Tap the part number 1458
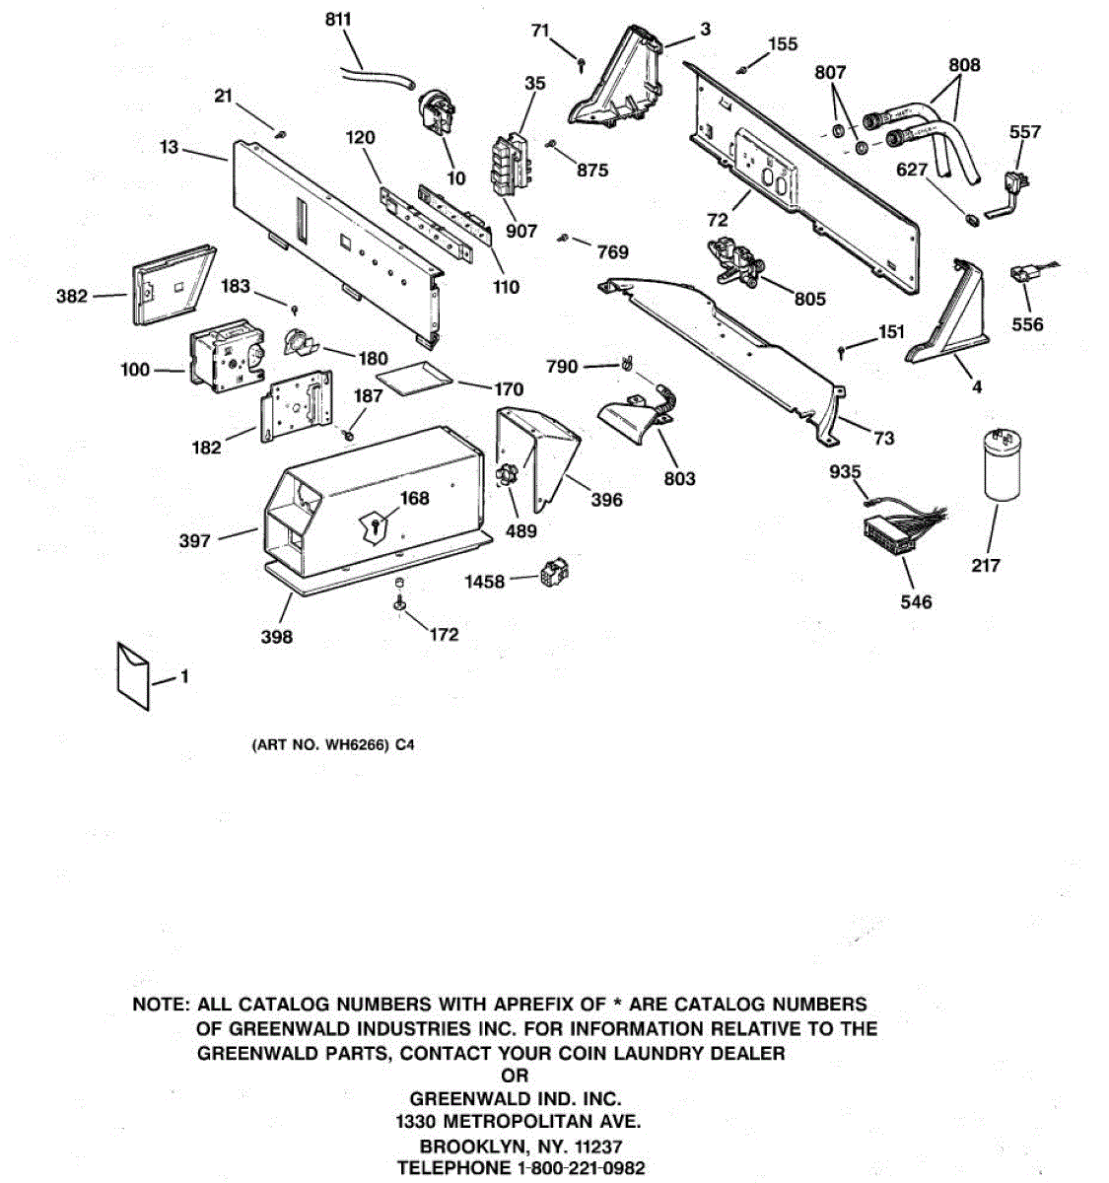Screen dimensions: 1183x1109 (x=484, y=582)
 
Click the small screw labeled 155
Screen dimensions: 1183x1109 (x=742, y=68)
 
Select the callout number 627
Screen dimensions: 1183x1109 (x=911, y=170)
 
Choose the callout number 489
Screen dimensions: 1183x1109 (x=520, y=531)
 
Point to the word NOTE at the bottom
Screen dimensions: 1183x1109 (x=161, y=1005)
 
